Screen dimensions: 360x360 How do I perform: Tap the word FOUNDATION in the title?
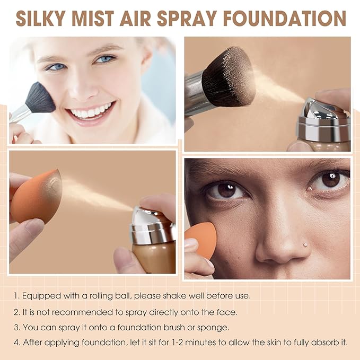284,17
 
